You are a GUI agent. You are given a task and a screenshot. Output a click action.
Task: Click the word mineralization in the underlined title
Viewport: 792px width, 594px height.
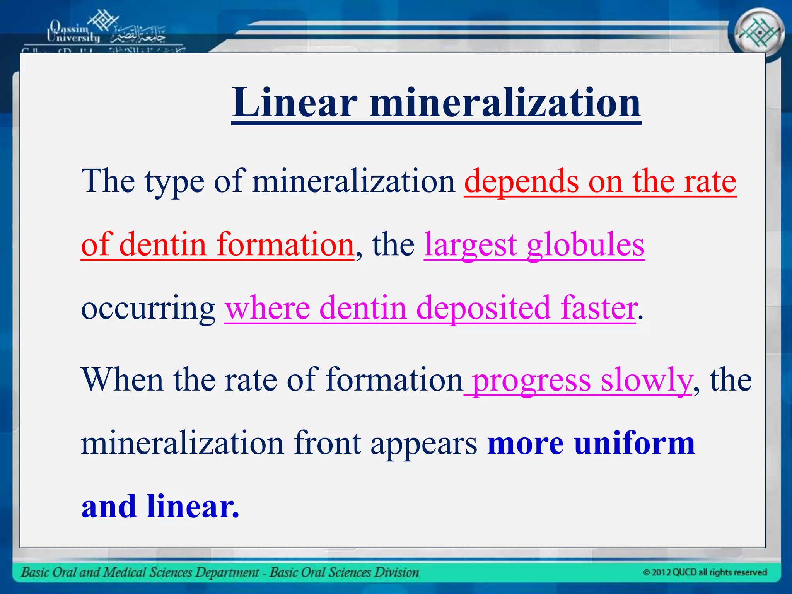[x=505, y=102]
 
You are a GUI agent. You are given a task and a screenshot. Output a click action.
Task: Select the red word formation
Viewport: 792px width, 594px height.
[x=285, y=245]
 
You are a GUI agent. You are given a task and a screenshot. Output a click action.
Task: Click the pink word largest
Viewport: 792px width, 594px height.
[x=470, y=245]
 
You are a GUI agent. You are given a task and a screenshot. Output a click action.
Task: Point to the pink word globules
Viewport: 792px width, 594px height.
[x=585, y=245]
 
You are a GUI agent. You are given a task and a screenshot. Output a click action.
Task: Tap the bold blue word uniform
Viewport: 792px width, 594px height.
[x=634, y=443]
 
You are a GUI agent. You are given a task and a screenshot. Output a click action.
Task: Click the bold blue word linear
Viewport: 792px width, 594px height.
[x=193, y=506]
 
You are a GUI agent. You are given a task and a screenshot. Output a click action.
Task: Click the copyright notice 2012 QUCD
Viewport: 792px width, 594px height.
[x=705, y=572]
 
